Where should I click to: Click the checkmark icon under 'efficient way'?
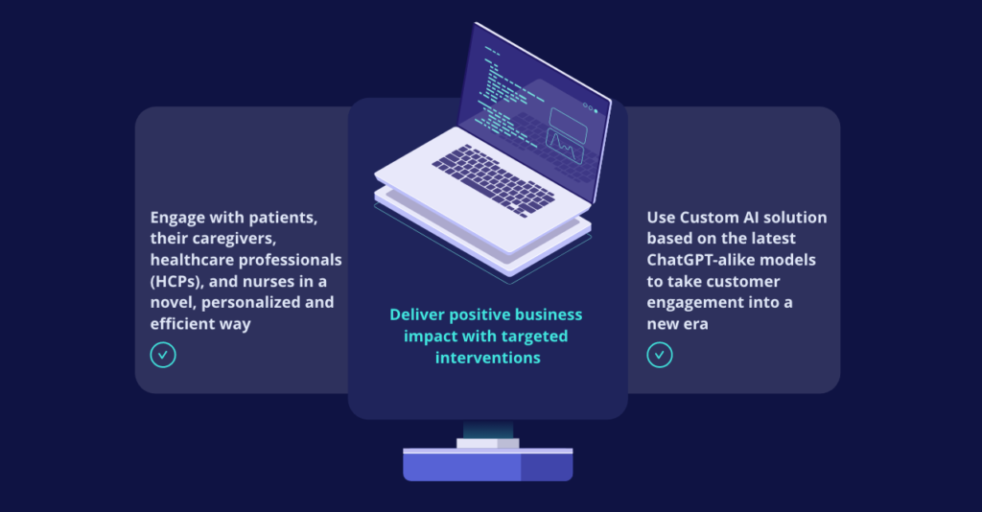coord(163,355)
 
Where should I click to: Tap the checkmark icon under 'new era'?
coord(660,355)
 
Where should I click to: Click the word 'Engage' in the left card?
coord(178,219)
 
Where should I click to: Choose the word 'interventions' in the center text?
coord(487,358)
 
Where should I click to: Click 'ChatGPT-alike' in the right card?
coord(696,260)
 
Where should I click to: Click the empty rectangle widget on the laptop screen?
coord(568,119)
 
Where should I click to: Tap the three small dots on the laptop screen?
coord(590,108)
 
